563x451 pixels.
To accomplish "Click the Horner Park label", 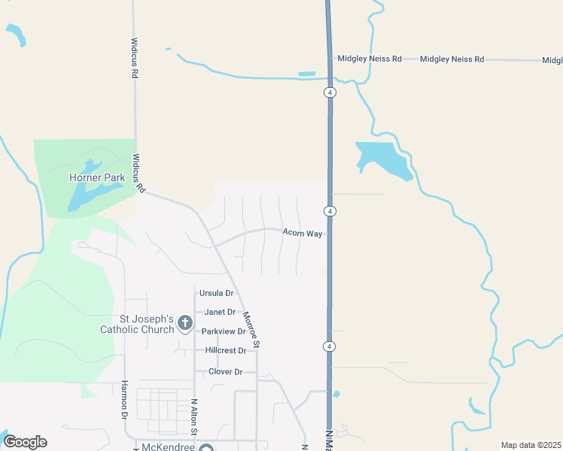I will (x=96, y=178).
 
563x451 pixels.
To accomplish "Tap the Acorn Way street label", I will (x=303, y=233).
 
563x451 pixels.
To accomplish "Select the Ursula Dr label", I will (x=216, y=293).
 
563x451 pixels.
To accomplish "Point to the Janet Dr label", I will (x=215, y=312).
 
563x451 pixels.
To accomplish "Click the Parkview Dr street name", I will (x=224, y=331).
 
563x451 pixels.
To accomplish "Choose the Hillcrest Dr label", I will (x=226, y=351).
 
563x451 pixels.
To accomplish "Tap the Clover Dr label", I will (x=226, y=372).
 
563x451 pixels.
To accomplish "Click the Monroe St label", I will (x=251, y=328).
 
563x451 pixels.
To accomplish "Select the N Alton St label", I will (x=193, y=416).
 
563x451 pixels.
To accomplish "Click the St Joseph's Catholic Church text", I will (x=137, y=323).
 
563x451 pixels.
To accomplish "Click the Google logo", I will (x=25, y=442).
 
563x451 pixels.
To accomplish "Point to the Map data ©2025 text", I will (x=531, y=445).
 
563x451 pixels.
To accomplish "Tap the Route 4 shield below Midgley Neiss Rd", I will (x=330, y=92).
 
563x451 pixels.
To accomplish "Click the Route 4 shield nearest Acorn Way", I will (x=330, y=210).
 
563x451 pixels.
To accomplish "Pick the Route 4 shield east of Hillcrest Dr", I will (x=330, y=346).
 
